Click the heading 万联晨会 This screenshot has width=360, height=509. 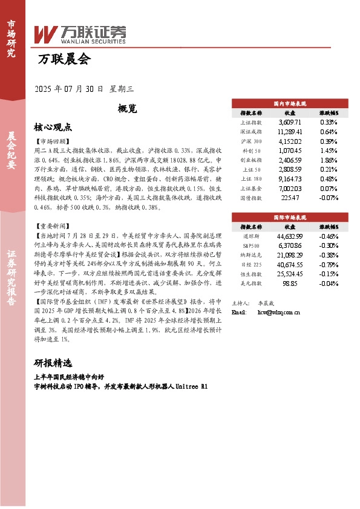coord(64,60)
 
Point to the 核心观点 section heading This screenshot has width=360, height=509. coord(53,127)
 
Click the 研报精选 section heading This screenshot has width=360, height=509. coord(53,363)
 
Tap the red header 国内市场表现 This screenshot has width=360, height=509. coord(290,103)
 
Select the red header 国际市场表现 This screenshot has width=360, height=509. coord(290,216)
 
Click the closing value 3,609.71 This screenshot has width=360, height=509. coord(289,122)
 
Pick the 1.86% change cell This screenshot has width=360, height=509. coord(329,160)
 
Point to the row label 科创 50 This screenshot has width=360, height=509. coord(251,151)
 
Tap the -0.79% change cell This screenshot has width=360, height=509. coord(329,264)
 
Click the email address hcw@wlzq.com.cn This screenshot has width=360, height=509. coord(279,313)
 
